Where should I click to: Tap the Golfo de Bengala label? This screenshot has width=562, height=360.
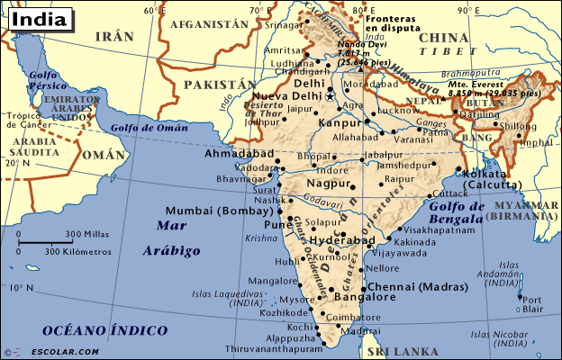pos(458,213)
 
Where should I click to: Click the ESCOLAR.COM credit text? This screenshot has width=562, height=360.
pos(61,351)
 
